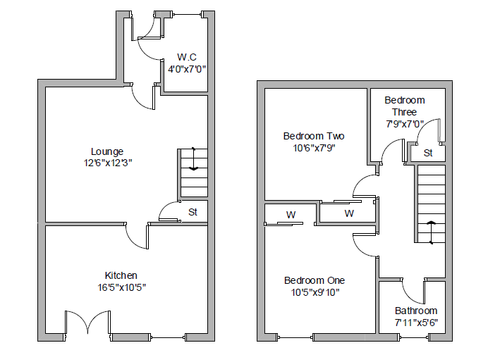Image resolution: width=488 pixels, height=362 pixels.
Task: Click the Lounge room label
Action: pos(107,151)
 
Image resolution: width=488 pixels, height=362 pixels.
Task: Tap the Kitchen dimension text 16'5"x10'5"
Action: pos(121,287)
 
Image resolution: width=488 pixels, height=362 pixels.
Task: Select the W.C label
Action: pos(187,57)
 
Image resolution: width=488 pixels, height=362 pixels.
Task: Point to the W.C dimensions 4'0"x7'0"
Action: pos(187,69)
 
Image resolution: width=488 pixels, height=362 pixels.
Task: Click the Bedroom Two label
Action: pos(314,136)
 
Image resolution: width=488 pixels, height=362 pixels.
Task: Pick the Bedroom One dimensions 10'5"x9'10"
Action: pos(315,292)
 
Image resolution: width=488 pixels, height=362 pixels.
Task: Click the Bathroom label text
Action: pos(416,311)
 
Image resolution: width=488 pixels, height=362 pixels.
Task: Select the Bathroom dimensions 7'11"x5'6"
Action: pos(416,323)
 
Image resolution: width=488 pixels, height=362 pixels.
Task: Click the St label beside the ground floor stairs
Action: pos(193,212)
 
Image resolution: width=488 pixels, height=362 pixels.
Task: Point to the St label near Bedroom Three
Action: pos(428,153)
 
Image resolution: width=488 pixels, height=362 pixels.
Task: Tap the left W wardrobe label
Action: pos(291,214)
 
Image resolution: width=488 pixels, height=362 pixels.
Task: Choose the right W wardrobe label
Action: pos(348,213)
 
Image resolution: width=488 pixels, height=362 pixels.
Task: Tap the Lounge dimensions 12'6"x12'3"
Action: pos(107,163)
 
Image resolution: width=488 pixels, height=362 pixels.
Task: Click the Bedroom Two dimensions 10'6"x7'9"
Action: pos(314,148)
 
